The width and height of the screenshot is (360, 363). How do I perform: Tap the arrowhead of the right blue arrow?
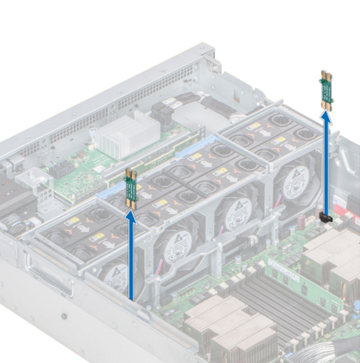pos(327,118)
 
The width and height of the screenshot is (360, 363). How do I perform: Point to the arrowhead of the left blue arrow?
pos(131,216)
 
